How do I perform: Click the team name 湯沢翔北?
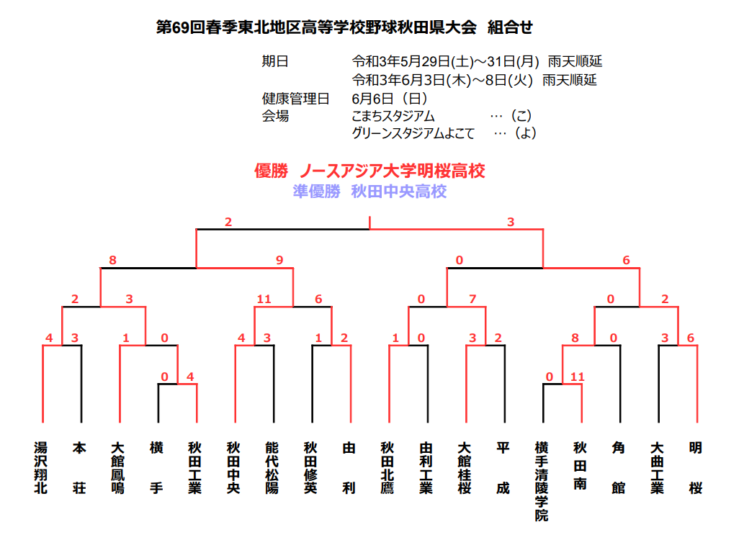[x=41, y=468]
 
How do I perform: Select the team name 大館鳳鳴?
[x=117, y=468]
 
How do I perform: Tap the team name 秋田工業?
[x=194, y=468]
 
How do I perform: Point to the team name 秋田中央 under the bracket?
[x=233, y=468]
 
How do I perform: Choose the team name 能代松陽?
[x=272, y=468]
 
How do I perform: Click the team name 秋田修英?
[x=310, y=468]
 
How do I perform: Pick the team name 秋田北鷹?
[x=387, y=468]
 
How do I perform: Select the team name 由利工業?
[x=426, y=468]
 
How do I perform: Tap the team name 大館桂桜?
[x=464, y=468]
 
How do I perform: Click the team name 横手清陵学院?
[x=542, y=482]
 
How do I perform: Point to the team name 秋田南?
[x=580, y=466]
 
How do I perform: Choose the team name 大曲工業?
[x=657, y=468]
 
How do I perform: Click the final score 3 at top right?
[x=511, y=222]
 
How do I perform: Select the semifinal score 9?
[x=279, y=260]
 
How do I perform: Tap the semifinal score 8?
[x=112, y=260]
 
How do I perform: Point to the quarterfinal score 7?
[x=472, y=299]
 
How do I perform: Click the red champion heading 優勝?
[x=271, y=171]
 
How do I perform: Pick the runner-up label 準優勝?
[x=316, y=192]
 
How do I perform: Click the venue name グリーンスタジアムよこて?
[x=413, y=133]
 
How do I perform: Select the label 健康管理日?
[x=295, y=99]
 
